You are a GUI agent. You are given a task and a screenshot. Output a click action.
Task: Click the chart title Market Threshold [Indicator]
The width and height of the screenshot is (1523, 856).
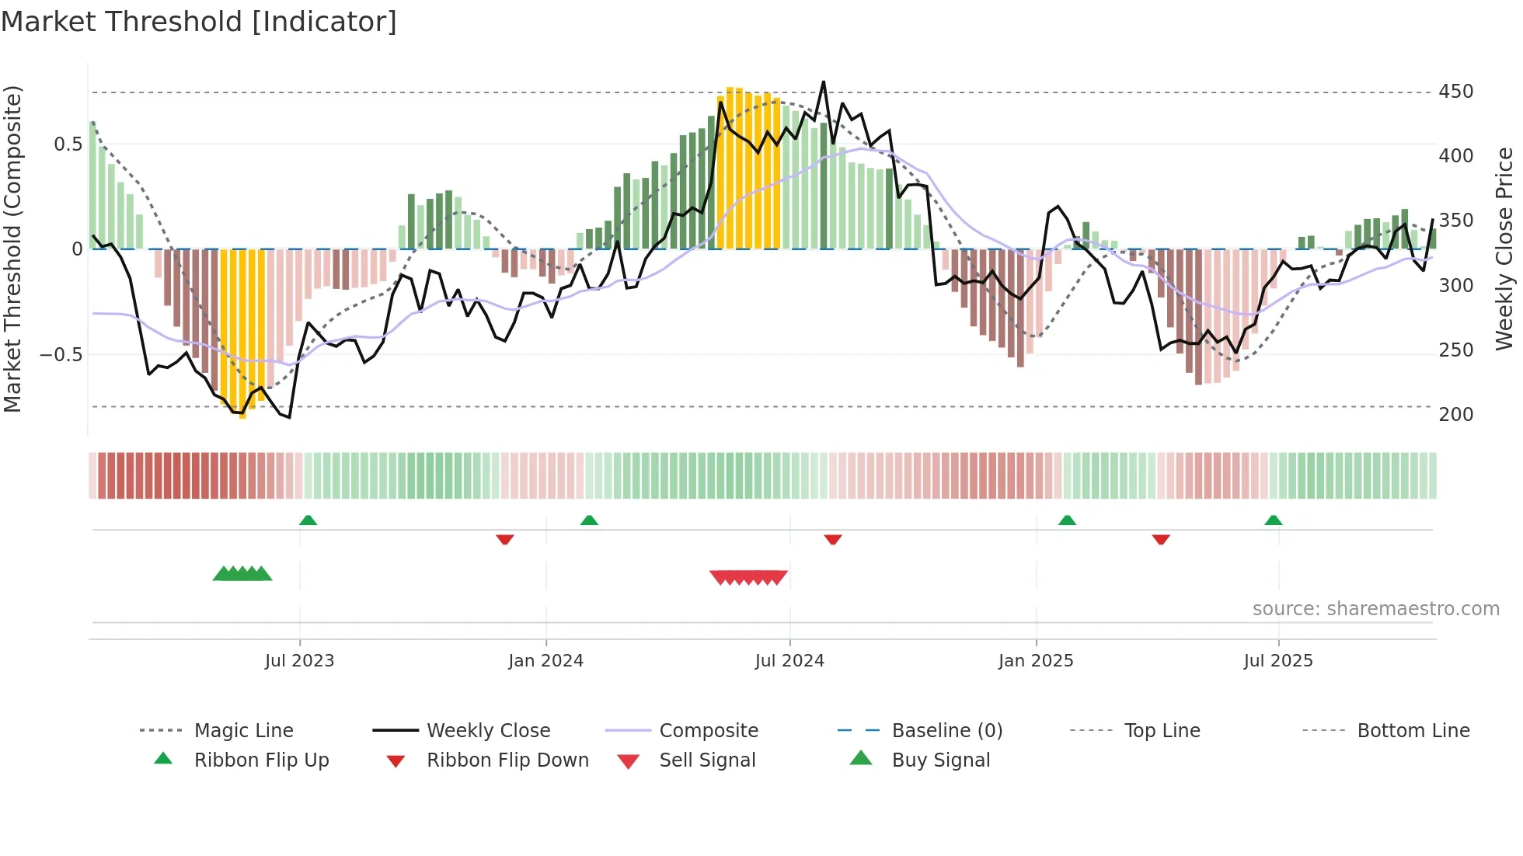click(x=199, y=22)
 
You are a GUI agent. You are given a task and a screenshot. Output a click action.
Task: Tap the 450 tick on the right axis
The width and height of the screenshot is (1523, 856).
click(x=1455, y=92)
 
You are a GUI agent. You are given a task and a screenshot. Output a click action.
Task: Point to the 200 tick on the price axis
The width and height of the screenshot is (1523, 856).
click(x=1455, y=415)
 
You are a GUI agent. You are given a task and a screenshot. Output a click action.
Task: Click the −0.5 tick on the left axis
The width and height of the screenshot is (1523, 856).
click(x=61, y=355)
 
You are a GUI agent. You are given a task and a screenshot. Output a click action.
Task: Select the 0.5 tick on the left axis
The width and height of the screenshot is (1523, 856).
click(x=68, y=144)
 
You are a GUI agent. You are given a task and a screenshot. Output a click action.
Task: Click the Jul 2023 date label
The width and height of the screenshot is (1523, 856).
click(x=299, y=661)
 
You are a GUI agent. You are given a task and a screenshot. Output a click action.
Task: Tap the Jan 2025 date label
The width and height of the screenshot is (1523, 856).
click(x=1035, y=661)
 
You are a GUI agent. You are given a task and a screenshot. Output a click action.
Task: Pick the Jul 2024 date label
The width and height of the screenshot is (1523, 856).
click(x=789, y=661)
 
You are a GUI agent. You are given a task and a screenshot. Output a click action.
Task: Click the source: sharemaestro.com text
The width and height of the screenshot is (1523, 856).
click(x=1375, y=609)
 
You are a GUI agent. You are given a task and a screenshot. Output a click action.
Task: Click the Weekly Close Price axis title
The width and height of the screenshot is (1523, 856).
click(x=1504, y=249)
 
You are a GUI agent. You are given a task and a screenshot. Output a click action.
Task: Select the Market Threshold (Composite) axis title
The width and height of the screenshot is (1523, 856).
click(x=12, y=249)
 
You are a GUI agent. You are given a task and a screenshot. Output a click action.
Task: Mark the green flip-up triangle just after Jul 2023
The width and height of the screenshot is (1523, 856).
click(x=308, y=520)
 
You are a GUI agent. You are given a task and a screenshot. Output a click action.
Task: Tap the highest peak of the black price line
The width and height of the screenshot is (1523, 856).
click(x=823, y=82)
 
